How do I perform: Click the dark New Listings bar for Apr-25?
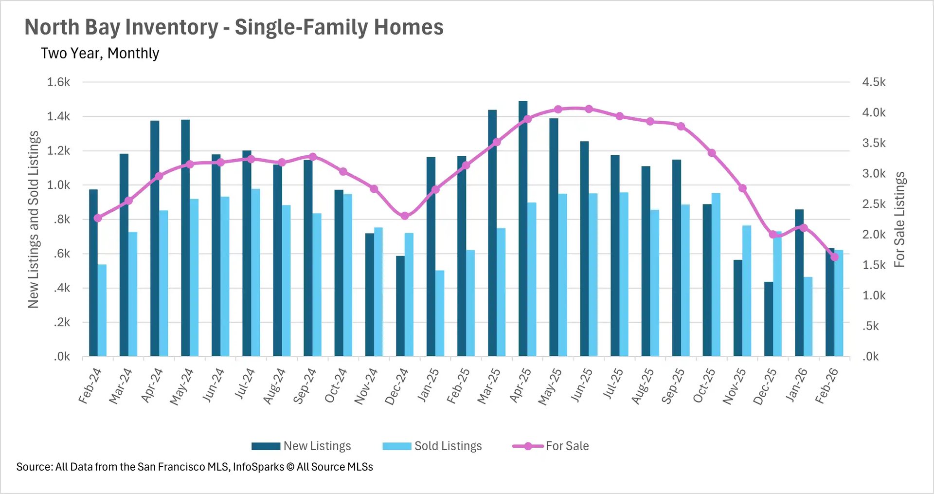coord(523,229)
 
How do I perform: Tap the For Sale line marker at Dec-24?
coord(405,216)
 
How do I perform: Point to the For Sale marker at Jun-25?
coord(589,109)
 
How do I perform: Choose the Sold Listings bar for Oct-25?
coord(716,275)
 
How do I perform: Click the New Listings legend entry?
coord(301,446)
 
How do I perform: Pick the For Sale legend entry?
coord(551,446)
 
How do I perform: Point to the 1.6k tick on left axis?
coord(59,82)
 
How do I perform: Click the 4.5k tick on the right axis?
coord(874,82)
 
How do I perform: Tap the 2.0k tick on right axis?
coord(874,234)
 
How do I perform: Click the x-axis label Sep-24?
coord(305,386)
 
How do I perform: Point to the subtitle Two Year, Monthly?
coord(100,53)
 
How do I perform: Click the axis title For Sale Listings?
coord(899,219)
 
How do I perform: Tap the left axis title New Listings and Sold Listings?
coord(33,219)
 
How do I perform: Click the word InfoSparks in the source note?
coord(258,467)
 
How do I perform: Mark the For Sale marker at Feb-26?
coord(834,257)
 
